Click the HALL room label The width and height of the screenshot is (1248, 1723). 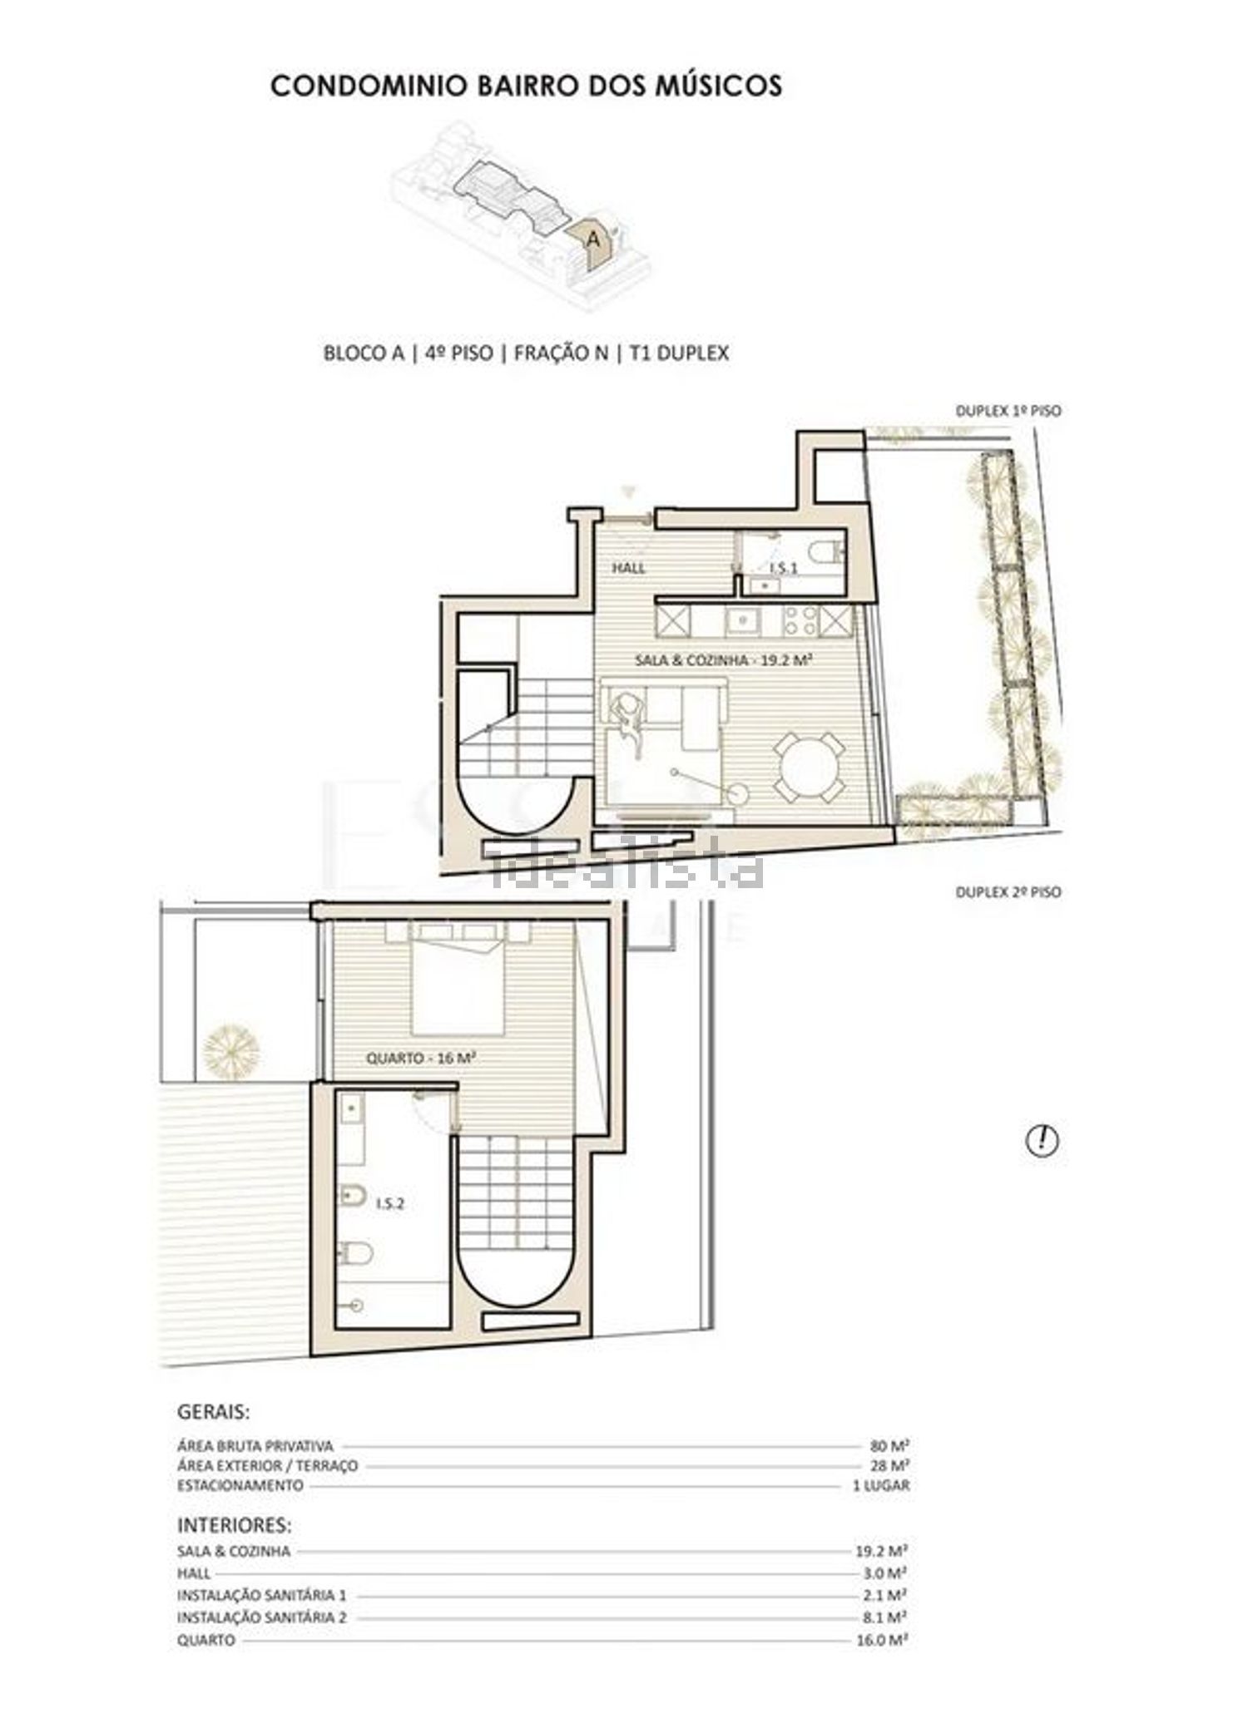pyautogui.click(x=629, y=569)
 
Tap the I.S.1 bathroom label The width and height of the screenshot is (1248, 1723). pyautogui.click(x=784, y=569)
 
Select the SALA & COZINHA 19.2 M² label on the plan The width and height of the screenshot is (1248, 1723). pyautogui.click(x=723, y=660)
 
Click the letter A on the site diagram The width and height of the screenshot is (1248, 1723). pyautogui.click(x=592, y=239)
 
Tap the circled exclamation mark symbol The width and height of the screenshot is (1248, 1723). pyautogui.click(x=1042, y=1140)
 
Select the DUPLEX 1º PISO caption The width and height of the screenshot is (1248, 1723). pyautogui.click(x=1008, y=411)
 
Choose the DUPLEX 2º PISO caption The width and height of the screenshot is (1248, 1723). pyautogui.click(x=1008, y=892)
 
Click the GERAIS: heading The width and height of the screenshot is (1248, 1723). pyautogui.click(x=214, y=1435)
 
